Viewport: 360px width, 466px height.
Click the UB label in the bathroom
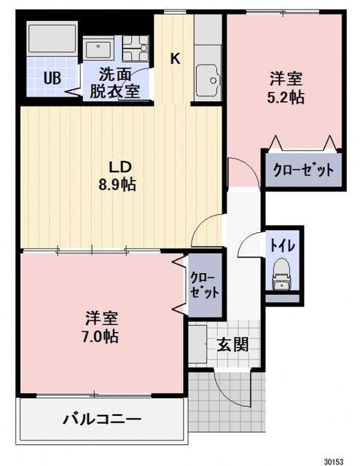[51, 79]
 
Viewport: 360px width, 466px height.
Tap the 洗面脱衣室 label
[115, 82]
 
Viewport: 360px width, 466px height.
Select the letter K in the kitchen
[175, 60]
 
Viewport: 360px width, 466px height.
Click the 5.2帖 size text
[285, 97]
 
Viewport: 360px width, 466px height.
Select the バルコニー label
[101, 419]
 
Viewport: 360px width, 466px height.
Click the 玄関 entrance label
[232, 344]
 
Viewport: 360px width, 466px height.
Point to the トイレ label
[281, 245]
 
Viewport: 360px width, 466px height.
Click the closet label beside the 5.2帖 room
[303, 170]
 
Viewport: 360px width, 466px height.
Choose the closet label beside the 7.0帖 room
[201, 285]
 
